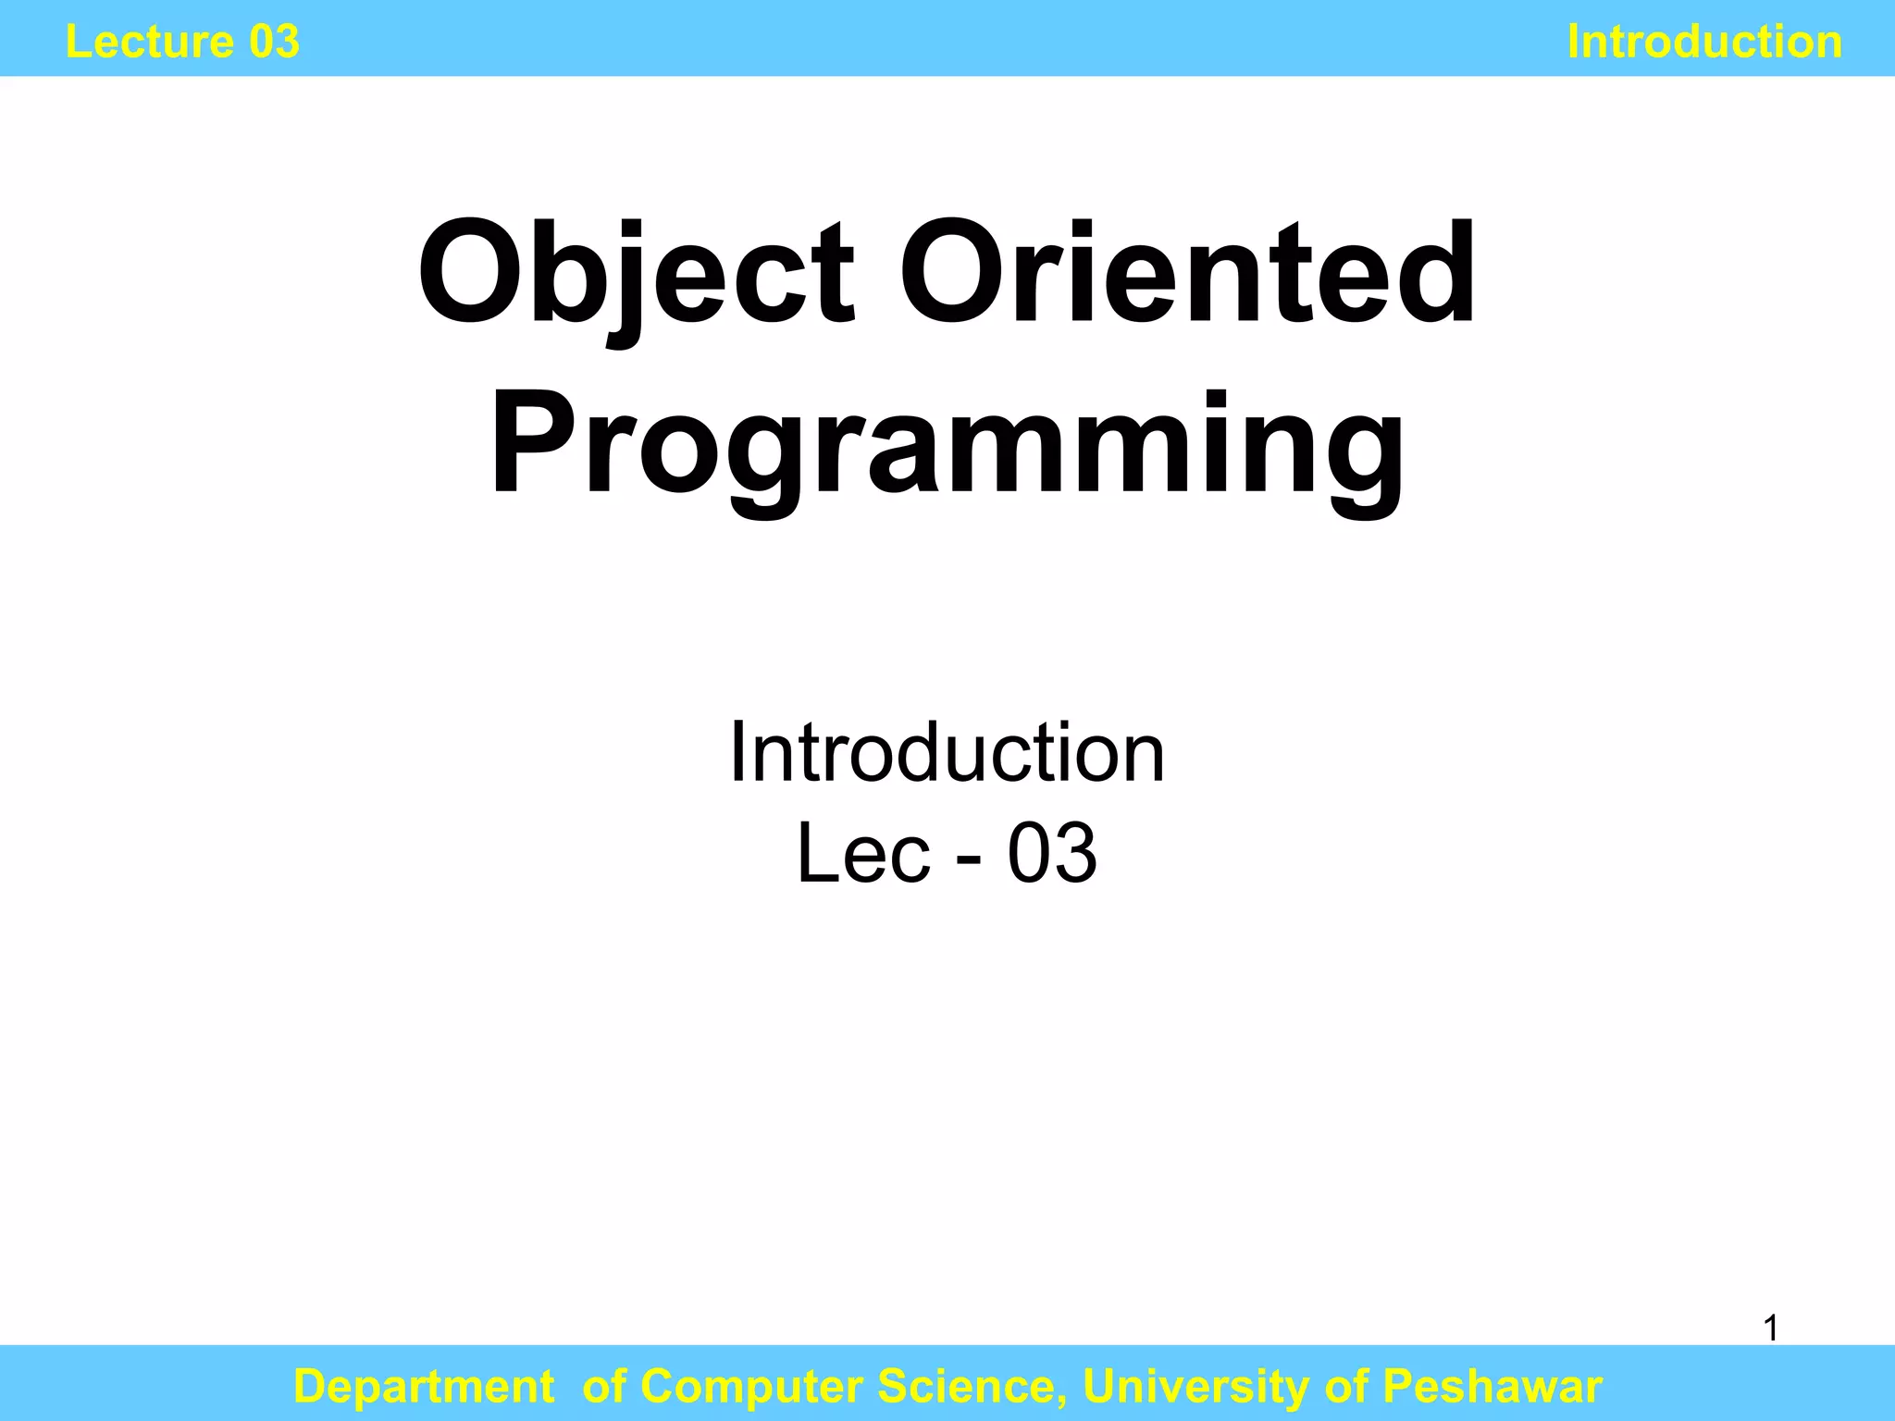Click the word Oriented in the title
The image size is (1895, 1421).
click(1188, 275)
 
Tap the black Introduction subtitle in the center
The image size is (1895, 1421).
click(947, 753)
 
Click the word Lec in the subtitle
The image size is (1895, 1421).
click(863, 853)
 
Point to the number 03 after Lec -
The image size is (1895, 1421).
click(1052, 853)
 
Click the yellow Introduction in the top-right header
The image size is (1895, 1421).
click(1704, 42)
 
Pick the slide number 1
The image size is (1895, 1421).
click(1770, 1328)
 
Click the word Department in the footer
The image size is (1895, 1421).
click(423, 1386)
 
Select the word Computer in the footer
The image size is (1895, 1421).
click(752, 1386)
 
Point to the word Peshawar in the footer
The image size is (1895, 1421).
click(1492, 1386)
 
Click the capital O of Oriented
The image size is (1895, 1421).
click(953, 275)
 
